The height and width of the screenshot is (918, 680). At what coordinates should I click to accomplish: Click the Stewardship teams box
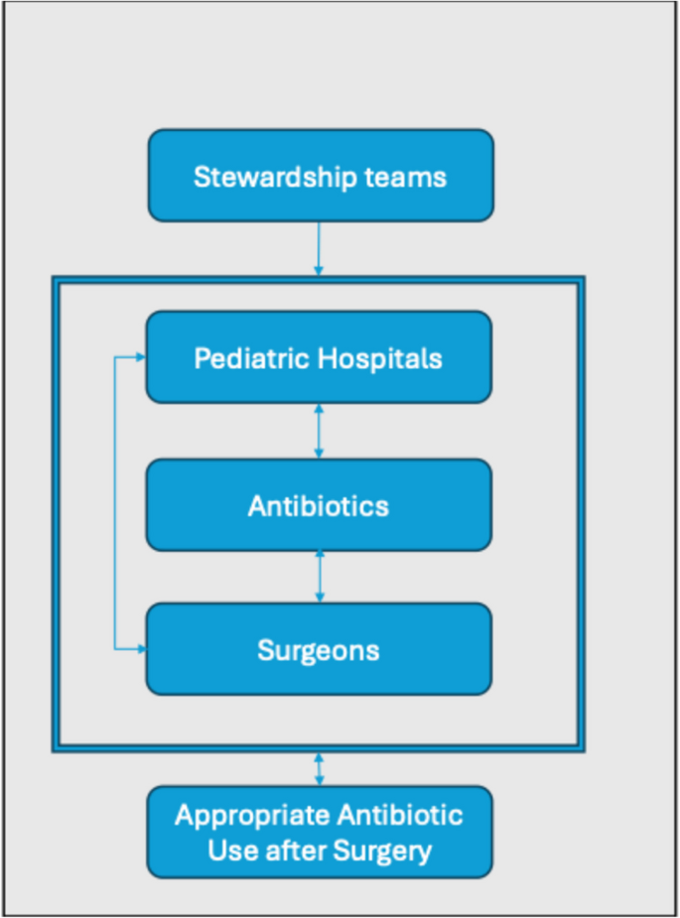coord(320,176)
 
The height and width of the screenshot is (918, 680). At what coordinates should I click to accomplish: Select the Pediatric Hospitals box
coord(318,357)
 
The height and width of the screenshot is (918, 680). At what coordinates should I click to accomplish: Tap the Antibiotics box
coord(318,505)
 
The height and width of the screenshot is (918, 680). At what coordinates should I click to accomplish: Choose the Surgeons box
coord(318,649)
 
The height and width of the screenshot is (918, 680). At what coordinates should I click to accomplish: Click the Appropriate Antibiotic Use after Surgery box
coord(319,832)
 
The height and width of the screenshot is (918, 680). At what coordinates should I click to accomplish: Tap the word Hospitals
coord(381,358)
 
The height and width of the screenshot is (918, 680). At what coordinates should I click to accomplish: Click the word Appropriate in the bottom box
coord(250,816)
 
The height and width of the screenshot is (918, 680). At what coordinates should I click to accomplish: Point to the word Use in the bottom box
coord(231,851)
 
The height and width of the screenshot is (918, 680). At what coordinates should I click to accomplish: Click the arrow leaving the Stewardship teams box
coord(319,248)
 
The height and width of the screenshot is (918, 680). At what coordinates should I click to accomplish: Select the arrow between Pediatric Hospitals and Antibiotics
coord(319,431)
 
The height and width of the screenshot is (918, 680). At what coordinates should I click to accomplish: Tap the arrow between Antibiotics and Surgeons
coord(319,577)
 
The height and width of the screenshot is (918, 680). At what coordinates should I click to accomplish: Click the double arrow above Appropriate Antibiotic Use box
coord(319,769)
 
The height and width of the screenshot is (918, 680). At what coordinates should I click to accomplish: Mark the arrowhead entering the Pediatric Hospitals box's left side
coord(140,357)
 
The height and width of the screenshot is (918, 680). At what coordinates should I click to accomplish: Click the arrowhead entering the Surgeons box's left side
coord(140,649)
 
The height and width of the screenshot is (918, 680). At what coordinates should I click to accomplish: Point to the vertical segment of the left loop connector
coord(116,503)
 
